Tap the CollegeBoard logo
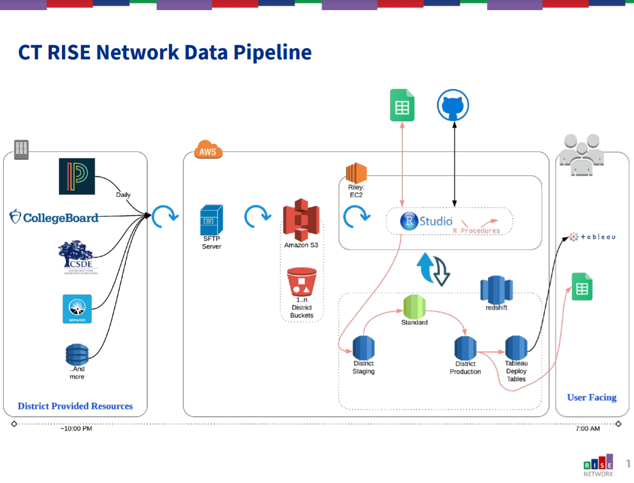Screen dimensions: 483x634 point(54,218)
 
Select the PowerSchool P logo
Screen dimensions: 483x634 point(77,177)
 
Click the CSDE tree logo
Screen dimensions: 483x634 point(78,256)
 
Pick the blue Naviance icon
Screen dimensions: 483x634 point(77,308)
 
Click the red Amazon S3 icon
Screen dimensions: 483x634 point(301,220)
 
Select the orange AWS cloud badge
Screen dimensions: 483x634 point(208,151)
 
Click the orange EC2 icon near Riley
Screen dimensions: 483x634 point(356,174)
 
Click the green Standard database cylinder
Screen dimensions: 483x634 point(414,306)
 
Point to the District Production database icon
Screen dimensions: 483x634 point(465,348)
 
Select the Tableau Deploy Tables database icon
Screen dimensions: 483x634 point(516,348)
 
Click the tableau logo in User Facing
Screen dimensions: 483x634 point(592,237)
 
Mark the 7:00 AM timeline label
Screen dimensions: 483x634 point(588,429)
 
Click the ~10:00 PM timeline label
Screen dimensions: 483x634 point(76,429)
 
